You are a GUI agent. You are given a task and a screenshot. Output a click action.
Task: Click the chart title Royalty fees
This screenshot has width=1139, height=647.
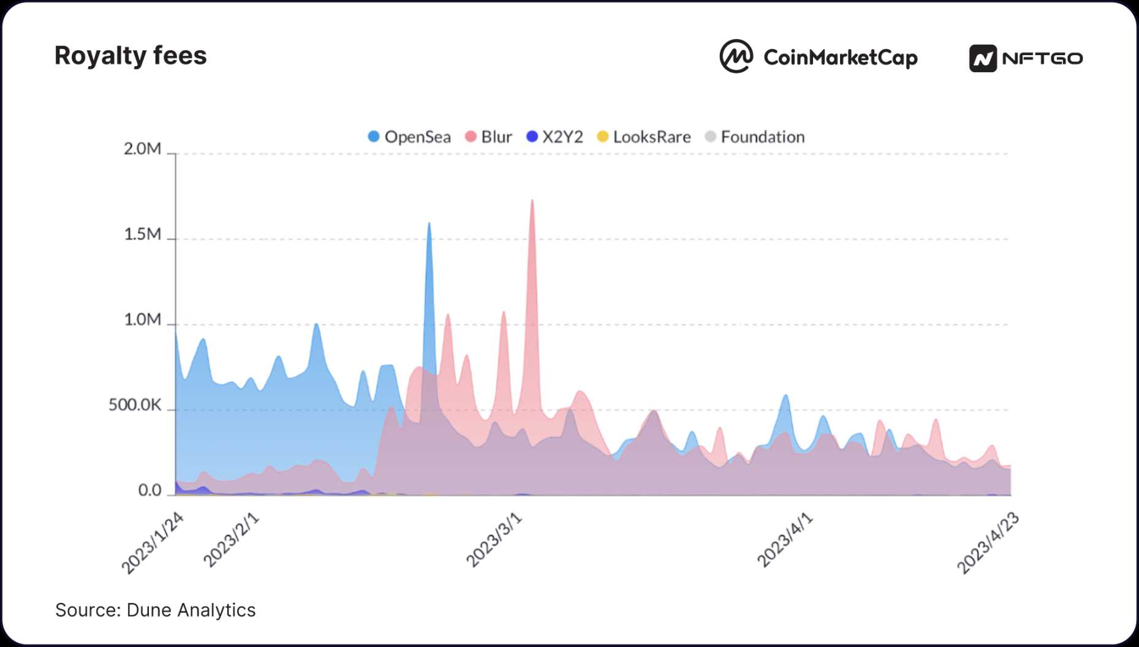pyautogui.click(x=131, y=56)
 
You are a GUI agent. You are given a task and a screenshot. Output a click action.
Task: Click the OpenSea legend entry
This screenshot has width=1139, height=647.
pyautogui.click(x=409, y=137)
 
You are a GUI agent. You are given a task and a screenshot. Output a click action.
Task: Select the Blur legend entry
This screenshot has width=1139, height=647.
pyautogui.click(x=489, y=137)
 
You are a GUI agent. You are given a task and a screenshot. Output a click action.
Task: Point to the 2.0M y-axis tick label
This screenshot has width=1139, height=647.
pyautogui.click(x=142, y=149)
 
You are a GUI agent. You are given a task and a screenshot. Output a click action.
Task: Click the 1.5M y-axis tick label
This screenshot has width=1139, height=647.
pyautogui.click(x=142, y=235)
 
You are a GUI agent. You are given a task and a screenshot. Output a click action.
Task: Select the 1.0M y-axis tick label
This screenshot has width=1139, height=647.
pyautogui.click(x=142, y=320)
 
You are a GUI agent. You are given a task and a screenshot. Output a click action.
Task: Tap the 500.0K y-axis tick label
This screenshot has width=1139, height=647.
pyautogui.click(x=135, y=405)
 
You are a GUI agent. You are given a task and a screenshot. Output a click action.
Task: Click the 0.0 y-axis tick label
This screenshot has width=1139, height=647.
pyautogui.click(x=149, y=490)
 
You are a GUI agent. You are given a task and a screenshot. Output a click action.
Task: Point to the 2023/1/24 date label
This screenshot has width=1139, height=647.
pyautogui.click(x=152, y=543)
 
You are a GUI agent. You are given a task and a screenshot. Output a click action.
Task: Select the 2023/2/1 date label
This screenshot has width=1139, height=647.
pyautogui.click(x=231, y=540)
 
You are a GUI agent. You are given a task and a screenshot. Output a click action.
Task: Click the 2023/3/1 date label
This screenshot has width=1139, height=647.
pyautogui.click(x=493, y=540)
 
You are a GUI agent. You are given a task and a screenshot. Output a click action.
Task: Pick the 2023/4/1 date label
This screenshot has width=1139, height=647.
pyautogui.click(x=784, y=540)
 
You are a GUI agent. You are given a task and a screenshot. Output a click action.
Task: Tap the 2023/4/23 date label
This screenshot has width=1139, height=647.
pyautogui.click(x=988, y=543)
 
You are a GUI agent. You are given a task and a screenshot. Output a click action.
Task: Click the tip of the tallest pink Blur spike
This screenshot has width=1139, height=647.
pyautogui.click(x=532, y=200)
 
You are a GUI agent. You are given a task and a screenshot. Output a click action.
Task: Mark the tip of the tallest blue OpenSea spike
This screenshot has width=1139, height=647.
pyautogui.click(x=429, y=224)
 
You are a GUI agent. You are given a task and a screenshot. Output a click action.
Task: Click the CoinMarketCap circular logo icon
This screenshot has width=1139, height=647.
pyautogui.click(x=736, y=57)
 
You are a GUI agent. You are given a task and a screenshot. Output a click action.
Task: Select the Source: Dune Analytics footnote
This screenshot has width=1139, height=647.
pyautogui.click(x=156, y=610)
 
